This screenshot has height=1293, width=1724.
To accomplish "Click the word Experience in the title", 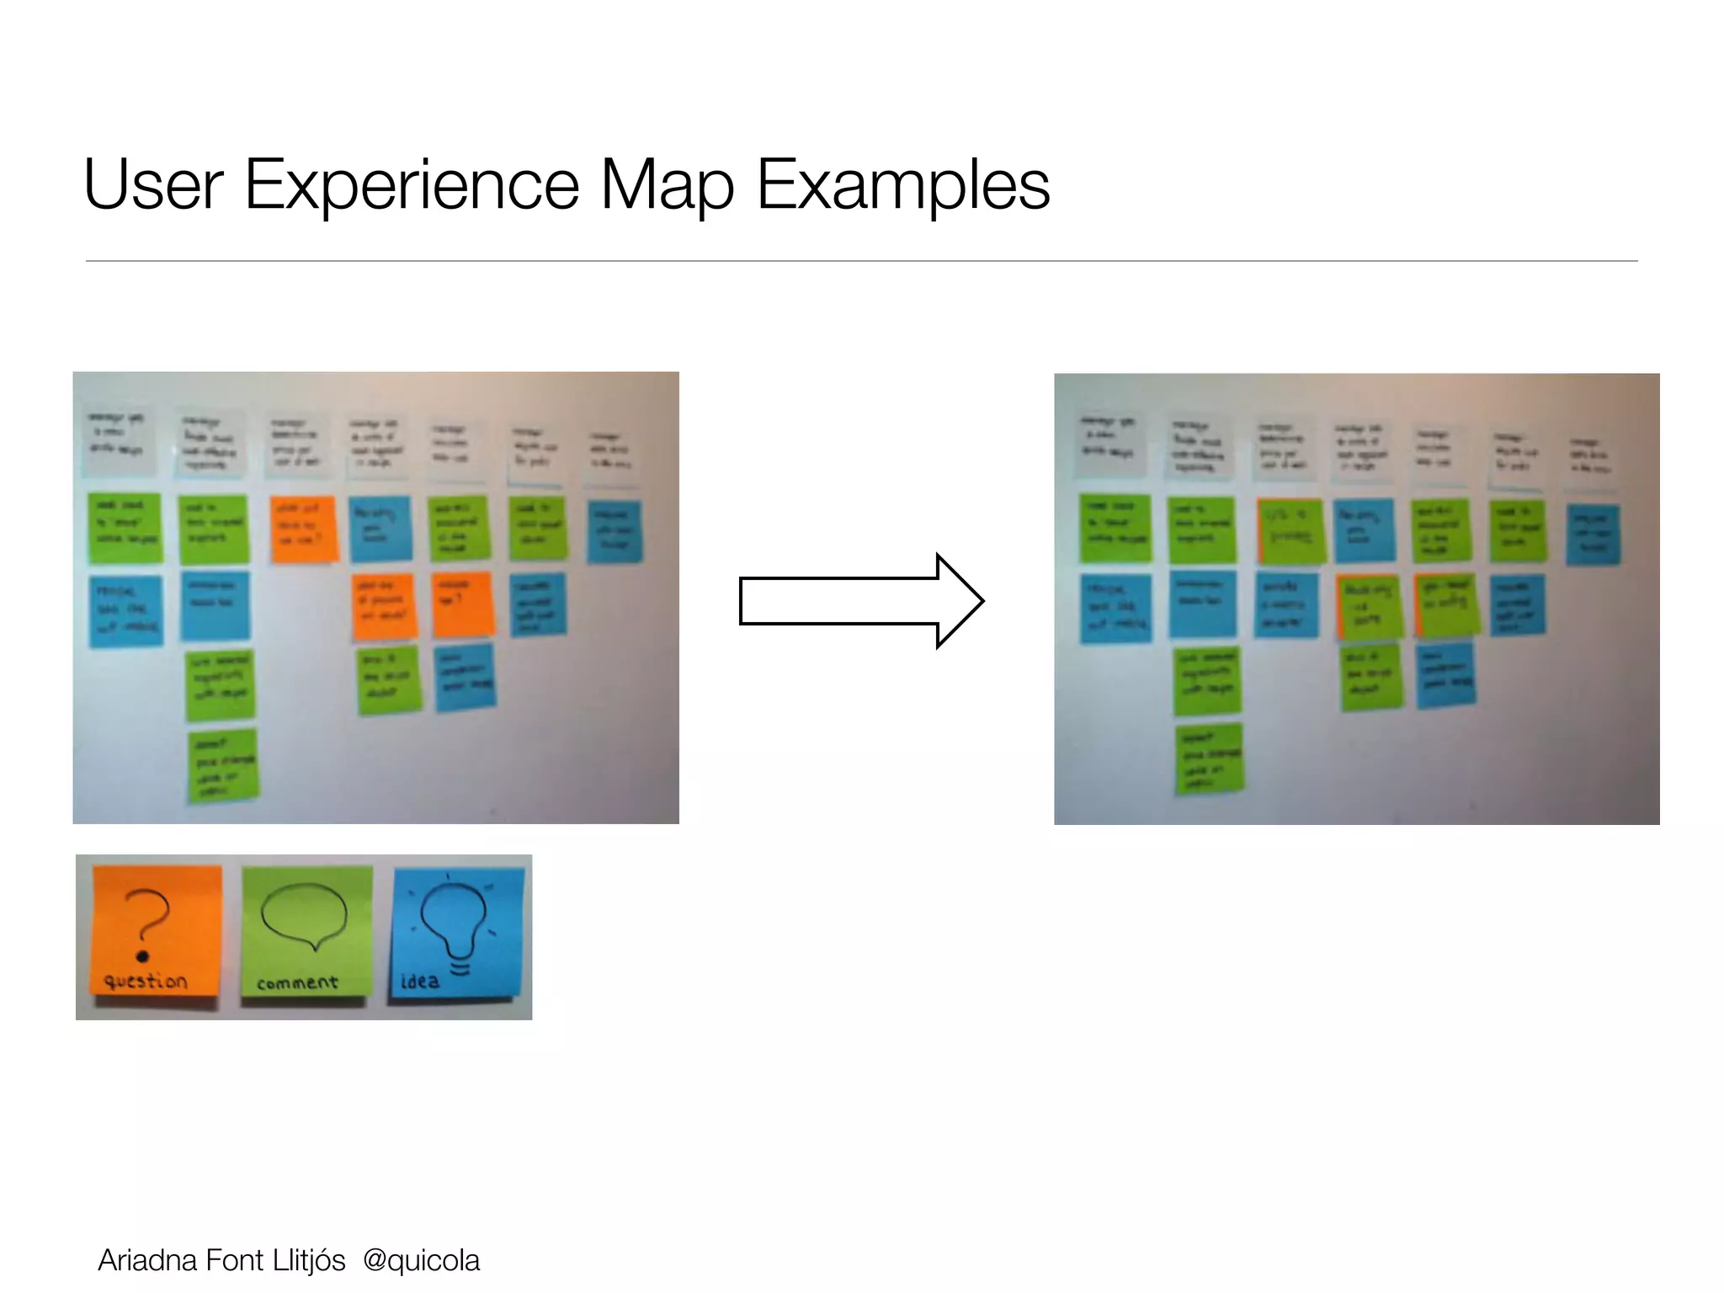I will coord(412,185).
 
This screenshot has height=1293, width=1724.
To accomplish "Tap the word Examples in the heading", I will coord(902,185).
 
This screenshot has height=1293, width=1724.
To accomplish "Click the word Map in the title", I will coord(666,185).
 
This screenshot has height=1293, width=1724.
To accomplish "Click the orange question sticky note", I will coord(155,931).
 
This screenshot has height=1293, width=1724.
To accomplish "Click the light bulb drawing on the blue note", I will coord(455,922).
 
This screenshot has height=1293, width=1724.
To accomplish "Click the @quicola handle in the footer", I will coord(421,1260).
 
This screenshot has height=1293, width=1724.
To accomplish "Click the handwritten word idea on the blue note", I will coord(419,982).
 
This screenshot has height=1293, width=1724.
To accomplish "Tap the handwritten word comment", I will coord(297,982).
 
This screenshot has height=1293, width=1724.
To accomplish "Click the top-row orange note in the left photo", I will coord(303,529).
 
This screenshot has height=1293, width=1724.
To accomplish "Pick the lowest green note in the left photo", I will coord(223,766).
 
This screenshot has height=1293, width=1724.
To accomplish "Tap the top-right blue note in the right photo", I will coord(1593,534).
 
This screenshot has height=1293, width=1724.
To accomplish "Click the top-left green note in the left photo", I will coord(125,528).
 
